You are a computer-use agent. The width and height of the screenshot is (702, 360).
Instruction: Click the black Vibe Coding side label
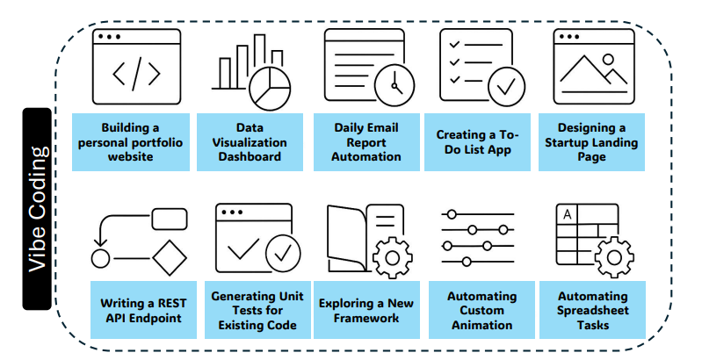coord(37,209)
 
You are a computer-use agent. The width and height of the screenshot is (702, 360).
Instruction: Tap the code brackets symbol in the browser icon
coord(136,74)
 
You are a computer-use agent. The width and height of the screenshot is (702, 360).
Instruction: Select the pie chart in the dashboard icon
coord(270,88)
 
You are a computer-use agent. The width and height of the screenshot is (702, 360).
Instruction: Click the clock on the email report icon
coord(394,85)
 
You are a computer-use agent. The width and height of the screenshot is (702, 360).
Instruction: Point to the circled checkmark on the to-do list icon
coord(506,87)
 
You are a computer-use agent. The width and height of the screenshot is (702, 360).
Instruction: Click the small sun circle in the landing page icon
coord(608,59)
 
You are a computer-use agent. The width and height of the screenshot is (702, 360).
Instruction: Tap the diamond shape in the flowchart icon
coord(170,258)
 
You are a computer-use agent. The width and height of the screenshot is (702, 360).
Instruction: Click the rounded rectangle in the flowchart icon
coord(170,219)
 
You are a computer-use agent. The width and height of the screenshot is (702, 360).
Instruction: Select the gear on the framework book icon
coord(393,258)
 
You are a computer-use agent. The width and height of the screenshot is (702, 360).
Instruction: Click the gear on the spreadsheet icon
coord(614,257)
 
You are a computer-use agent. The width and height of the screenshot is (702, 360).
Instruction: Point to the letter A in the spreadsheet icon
coord(568,214)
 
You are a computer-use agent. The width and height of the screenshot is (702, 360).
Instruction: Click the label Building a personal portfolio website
coord(131,142)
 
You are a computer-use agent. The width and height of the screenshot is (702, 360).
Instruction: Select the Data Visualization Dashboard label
coord(250,142)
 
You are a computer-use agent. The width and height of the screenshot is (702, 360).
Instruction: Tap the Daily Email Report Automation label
coord(366,142)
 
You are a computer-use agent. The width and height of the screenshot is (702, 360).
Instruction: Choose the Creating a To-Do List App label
coord(478,142)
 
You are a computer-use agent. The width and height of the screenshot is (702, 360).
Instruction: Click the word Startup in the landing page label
coord(566,142)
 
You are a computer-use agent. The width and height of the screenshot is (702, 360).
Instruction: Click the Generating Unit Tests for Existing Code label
coord(258,310)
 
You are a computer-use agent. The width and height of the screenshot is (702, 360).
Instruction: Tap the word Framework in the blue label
coord(366,318)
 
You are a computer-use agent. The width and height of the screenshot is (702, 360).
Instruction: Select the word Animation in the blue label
coord(482,325)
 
